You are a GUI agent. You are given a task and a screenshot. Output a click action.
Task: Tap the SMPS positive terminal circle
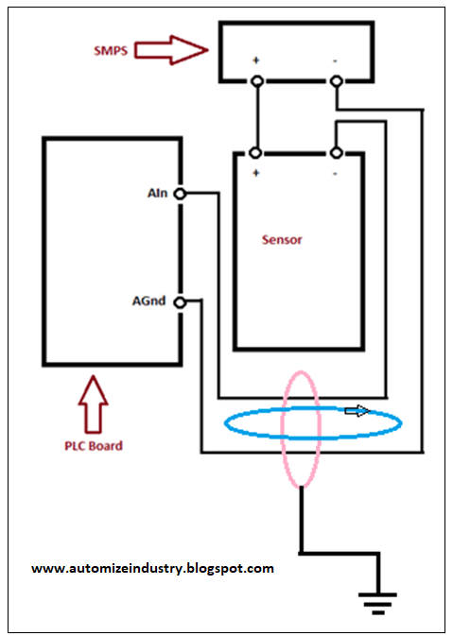255,82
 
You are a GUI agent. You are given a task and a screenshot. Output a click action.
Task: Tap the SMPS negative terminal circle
335,82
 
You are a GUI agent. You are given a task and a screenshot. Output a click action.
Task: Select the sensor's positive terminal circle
255,153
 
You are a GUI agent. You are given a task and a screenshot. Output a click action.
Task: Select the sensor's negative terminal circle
335,153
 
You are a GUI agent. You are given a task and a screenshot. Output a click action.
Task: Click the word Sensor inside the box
282,240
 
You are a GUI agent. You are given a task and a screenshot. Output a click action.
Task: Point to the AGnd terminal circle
181,302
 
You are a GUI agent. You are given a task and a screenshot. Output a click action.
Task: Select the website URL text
152,569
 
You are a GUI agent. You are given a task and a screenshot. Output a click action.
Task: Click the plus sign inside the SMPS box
255,61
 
